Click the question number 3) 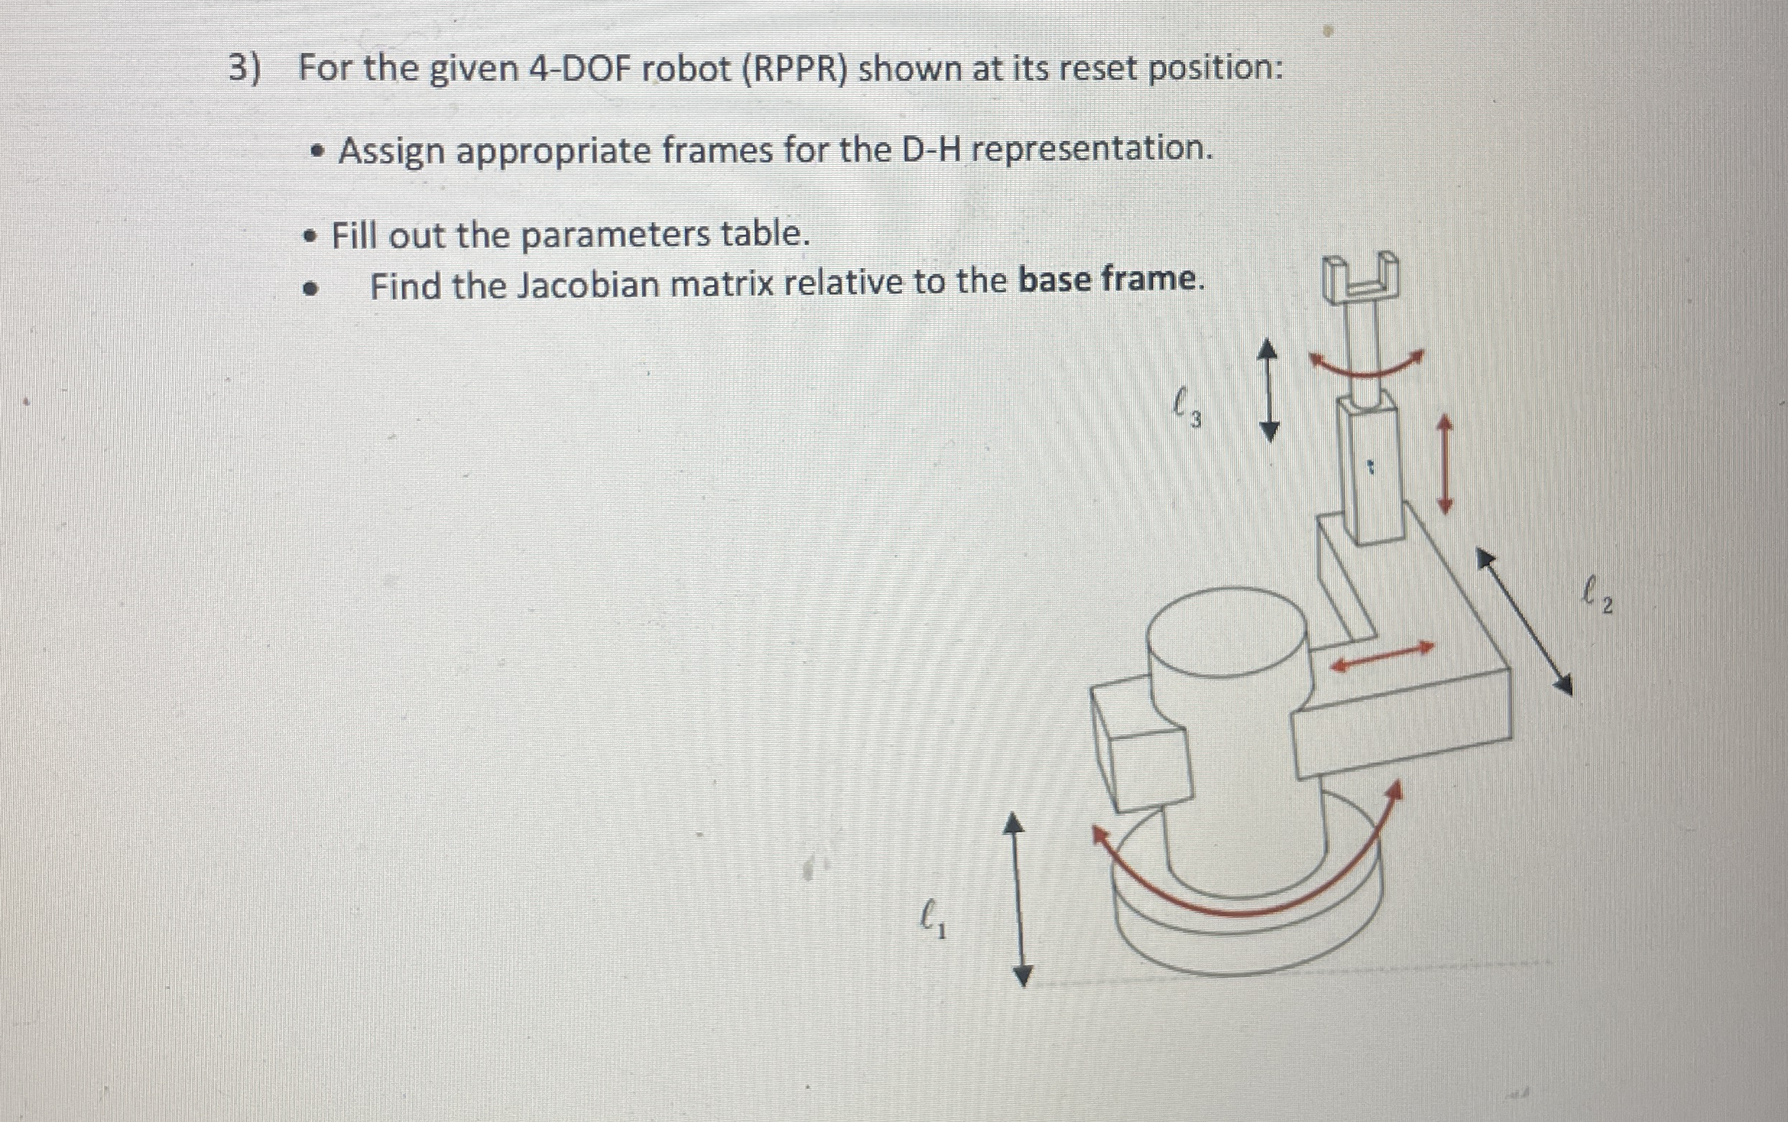click(245, 69)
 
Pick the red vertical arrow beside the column click(1445, 464)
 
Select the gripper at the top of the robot click(1360, 278)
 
